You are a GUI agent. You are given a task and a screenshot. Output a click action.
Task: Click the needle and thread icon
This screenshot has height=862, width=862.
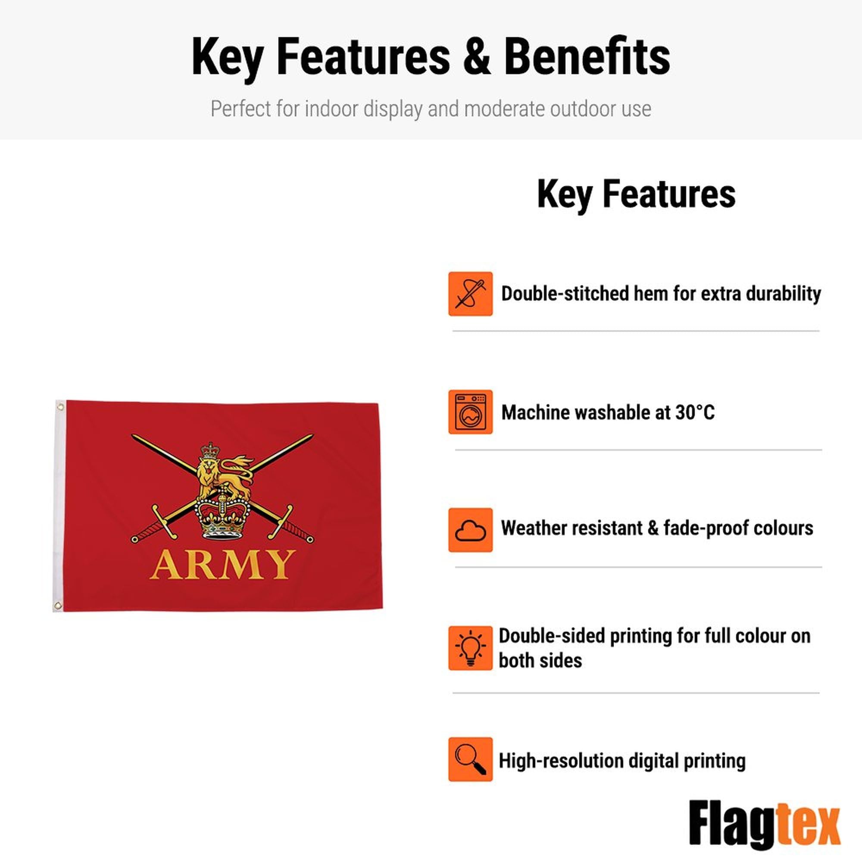[470, 294]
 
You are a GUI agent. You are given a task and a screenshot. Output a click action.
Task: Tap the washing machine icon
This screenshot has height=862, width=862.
[470, 412]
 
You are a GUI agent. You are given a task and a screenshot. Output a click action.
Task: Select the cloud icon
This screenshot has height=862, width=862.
[470, 530]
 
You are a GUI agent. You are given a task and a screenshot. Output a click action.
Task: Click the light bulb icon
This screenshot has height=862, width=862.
[470, 648]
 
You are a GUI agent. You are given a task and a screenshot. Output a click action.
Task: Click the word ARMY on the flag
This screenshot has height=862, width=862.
[222, 565]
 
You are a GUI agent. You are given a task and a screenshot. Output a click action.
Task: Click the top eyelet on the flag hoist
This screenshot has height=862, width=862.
[60, 406]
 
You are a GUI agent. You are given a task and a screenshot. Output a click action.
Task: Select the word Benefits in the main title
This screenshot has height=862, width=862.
[587, 56]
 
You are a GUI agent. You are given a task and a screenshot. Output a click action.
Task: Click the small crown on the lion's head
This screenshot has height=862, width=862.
[210, 452]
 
